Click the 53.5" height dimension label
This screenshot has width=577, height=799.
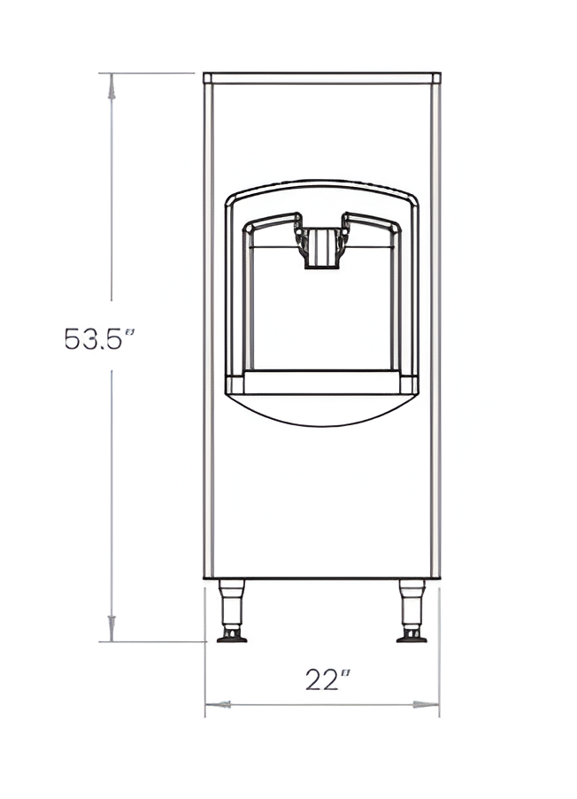[x=99, y=338]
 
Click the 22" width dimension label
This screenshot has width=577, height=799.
[x=328, y=679]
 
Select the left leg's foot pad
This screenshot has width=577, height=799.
[x=232, y=638]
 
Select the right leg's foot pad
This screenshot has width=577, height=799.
[x=412, y=638]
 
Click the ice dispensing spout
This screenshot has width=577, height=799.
[x=321, y=248]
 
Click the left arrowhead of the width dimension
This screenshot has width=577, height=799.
[x=218, y=705]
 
